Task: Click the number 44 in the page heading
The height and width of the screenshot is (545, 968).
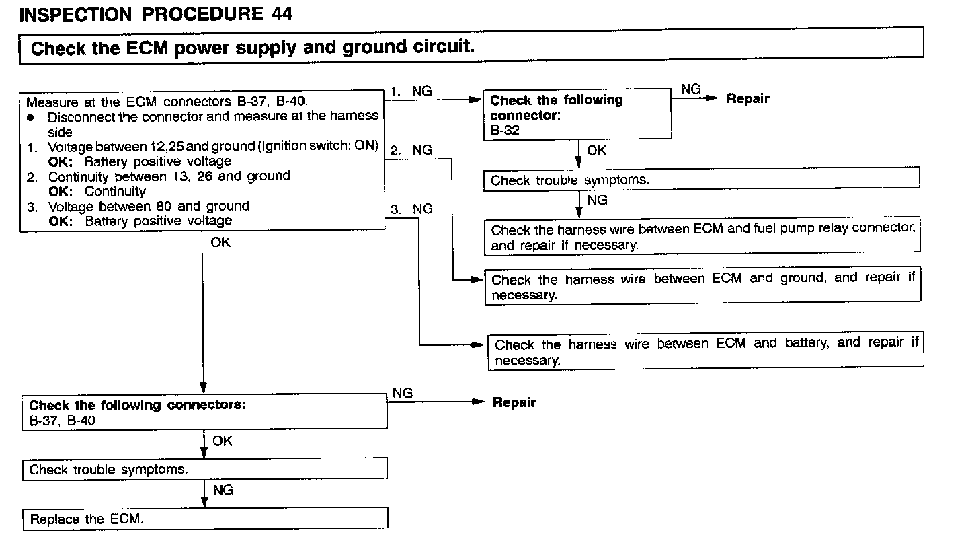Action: tap(282, 14)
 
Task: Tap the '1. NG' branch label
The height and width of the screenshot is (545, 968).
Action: tap(411, 92)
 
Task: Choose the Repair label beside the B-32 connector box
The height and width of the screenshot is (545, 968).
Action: tap(748, 99)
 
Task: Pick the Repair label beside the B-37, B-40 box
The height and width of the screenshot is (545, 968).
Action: tap(514, 403)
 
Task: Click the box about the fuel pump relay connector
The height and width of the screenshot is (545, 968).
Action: tap(702, 237)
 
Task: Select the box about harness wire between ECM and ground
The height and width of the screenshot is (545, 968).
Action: tap(702, 287)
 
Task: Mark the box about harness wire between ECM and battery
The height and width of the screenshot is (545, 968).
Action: tap(706, 352)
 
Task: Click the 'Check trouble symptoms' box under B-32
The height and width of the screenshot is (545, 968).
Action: tap(701, 180)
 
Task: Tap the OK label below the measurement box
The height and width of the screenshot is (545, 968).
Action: tap(220, 242)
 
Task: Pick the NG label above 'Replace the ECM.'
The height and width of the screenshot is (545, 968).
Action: tap(223, 490)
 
